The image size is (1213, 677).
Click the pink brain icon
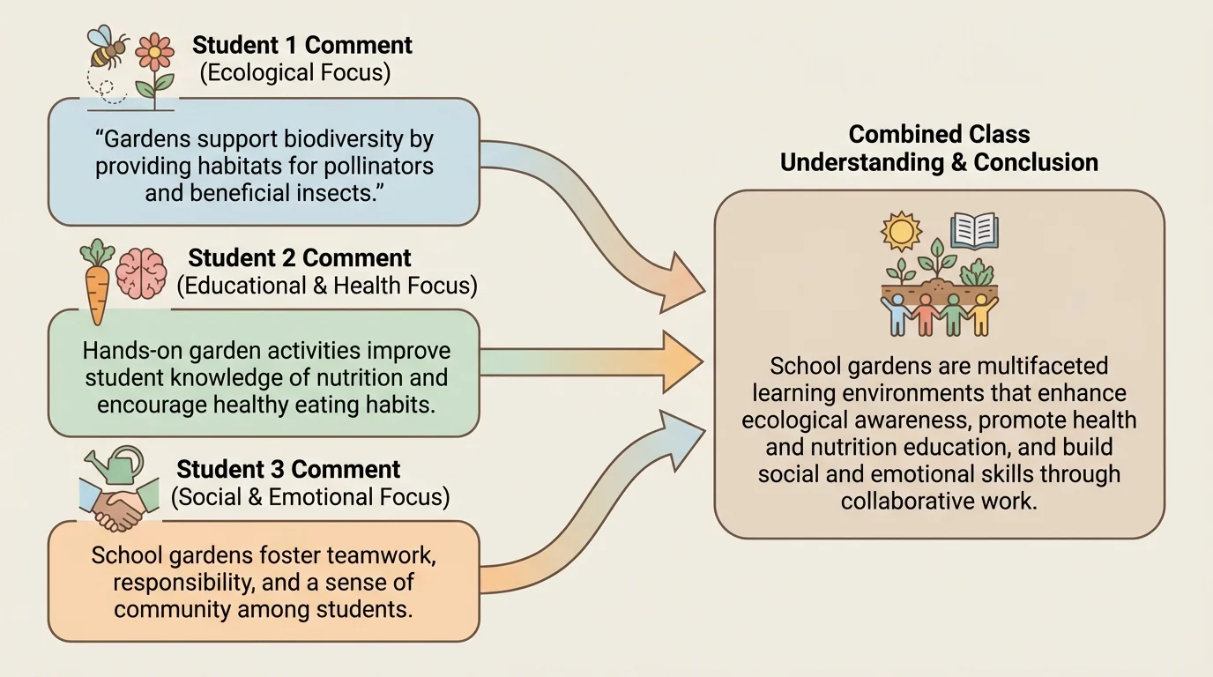[x=141, y=272]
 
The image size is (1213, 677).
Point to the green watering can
[x=118, y=465]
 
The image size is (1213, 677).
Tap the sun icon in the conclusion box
[x=901, y=231]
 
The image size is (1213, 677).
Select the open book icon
[x=974, y=230]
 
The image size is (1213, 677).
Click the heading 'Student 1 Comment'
[x=302, y=45]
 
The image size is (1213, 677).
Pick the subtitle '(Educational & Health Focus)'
[x=326, y=286]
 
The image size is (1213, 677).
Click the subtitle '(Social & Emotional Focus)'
[x=309, y=497]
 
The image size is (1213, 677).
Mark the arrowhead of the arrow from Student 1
[x=684, y=285]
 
